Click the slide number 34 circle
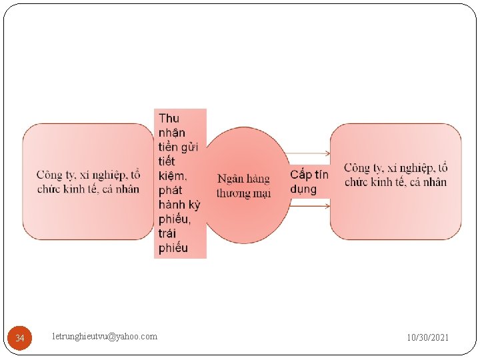click(20, 338)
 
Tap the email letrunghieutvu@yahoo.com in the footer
click(105, 337)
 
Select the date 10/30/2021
click(428, 338)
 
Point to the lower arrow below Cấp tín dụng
click(310, 207)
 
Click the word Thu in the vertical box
click(169, 119)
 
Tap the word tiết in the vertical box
click(167, 162)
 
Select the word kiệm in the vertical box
click(173, 176)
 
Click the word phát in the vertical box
click(171, 191)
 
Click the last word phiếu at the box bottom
click(173, 249)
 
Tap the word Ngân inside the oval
click(229, 179)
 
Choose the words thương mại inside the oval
click(243, 193)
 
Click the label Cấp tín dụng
click(309, 181)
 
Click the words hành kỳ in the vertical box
click(179, 205)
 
